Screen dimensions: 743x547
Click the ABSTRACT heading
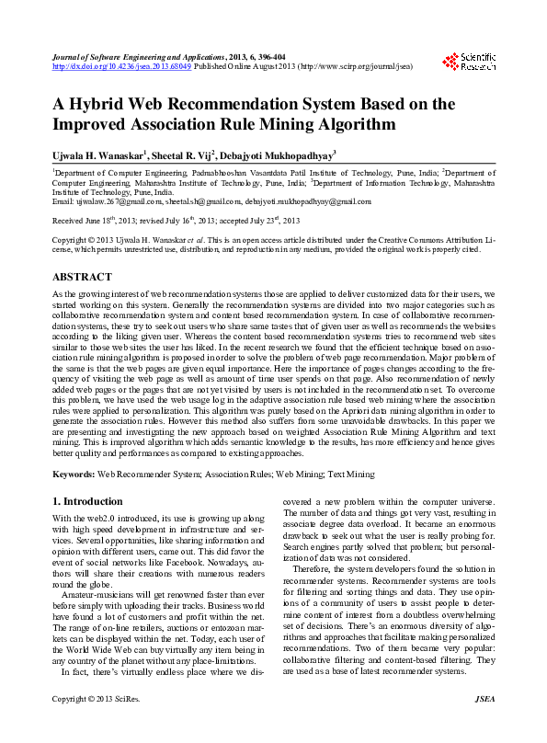click(84, 276)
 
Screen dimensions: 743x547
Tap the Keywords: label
click(74, 474)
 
